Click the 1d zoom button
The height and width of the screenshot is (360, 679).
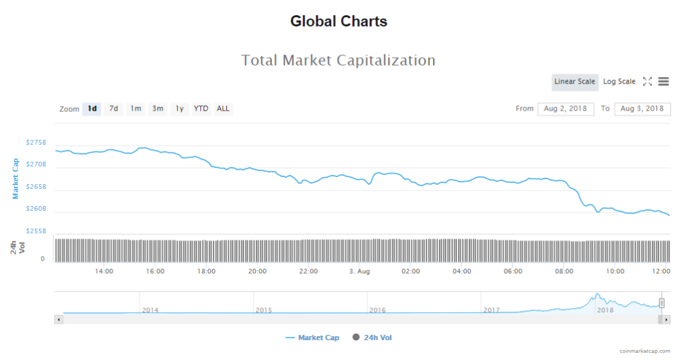pos(92,109)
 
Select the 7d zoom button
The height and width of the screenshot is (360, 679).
pos(113,109)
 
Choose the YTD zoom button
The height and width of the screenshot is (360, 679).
pos(200,109)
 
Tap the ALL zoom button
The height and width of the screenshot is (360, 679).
pos(223,109)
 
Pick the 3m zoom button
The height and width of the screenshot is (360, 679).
pos(157,109)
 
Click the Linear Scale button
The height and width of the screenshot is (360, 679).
pos(575,82)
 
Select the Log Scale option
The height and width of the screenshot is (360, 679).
pos(619,82)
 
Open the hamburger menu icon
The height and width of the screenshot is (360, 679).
pos(663,82)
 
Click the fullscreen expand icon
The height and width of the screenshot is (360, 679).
pos(647,82)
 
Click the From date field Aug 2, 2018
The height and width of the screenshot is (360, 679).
pos(565,109)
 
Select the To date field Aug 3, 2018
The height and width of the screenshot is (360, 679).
pos(642,109)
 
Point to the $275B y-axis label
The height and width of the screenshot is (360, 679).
pos(36,143)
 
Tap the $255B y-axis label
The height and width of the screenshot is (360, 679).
pos(36,231)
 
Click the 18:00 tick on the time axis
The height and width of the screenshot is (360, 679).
pos(206,271)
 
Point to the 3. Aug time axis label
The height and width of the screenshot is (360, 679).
pos(359,271)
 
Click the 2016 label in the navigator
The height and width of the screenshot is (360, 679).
pos(377,310)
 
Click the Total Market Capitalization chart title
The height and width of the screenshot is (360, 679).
pos(338,60)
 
